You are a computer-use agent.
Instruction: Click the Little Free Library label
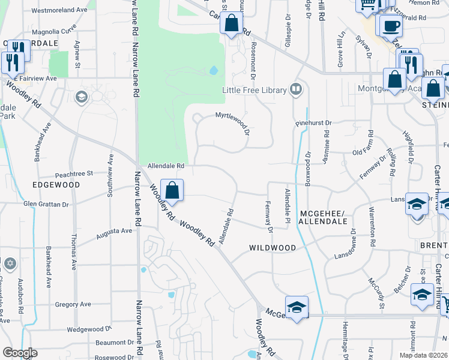point(255,91)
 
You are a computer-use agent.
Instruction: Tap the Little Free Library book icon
point(295,90)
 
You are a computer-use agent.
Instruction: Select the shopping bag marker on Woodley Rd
point(172,190)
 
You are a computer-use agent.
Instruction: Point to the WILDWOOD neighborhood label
point(273,248)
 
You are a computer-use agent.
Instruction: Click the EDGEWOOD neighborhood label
point(56,185)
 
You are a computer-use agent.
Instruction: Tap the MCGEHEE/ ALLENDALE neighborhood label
point(324,218)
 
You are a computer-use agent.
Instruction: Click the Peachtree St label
point(73,173)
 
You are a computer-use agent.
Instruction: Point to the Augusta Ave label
point(114,231)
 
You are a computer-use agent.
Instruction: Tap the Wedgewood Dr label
point(89,329)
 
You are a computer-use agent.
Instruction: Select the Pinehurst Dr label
point(313,123)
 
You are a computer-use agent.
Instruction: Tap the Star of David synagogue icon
point(10,264)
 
